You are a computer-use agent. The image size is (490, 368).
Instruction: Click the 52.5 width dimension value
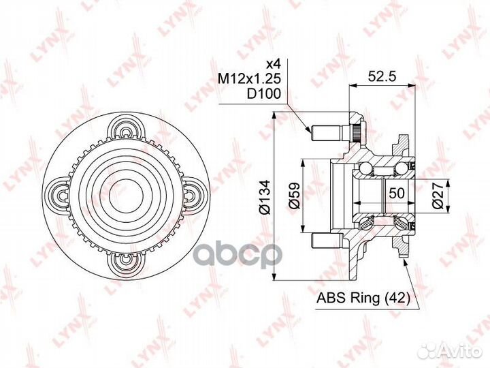click(382, 76)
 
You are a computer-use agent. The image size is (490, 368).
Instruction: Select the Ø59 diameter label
click(294, 196)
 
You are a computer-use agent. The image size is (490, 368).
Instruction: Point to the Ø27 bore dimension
click(438, 196)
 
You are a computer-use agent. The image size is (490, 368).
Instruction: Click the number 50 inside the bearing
click(397, 193)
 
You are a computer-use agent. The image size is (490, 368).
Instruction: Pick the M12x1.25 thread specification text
click(249, 78)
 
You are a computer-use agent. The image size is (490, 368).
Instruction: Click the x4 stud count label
click(273, 64)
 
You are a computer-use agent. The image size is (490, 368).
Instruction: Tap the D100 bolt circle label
click(264, 93)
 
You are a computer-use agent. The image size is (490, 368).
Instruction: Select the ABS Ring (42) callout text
click(363, 298)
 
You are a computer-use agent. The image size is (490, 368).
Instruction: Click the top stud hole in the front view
click(126, 134)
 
